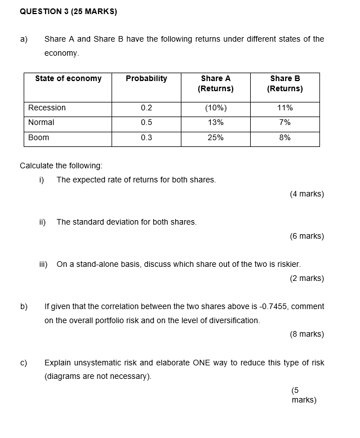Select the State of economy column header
(68, 79)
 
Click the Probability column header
(146, 79)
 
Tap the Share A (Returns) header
(215, 84)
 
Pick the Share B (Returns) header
(285, 84)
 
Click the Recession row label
(47, 108)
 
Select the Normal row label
(42, 123)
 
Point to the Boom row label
(39, 138)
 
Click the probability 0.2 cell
(146, 108)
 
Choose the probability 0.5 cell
(146, 123)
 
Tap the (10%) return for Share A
(215, 108)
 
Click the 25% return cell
(215, 138)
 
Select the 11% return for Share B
(285, 108)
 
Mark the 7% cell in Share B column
(285, 123)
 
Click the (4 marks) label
(306, 194)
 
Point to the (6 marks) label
(306, 236)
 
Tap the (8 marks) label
(306, 334)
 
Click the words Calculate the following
(61, 166)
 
